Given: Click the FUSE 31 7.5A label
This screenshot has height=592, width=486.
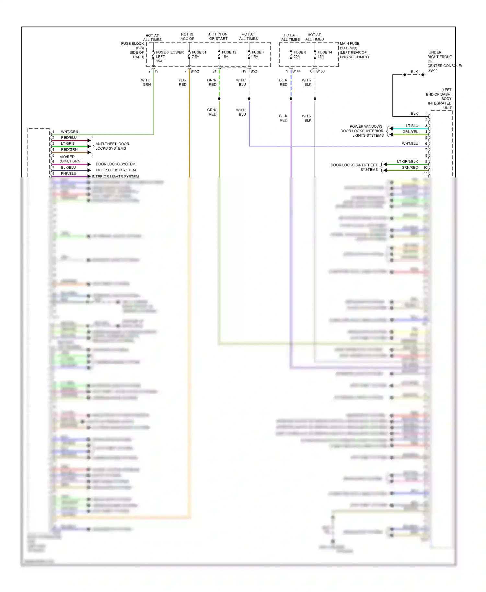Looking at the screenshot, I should pos(199,54).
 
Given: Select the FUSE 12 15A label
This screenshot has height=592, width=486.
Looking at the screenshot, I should pos(229,54).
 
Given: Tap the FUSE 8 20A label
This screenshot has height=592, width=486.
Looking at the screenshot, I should pos(299,54).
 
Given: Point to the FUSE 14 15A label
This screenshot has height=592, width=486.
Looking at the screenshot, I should pos(324,54).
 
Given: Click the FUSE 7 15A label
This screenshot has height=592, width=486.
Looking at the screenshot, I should pos(258,54).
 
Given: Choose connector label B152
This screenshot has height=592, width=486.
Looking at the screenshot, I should pos(195,71).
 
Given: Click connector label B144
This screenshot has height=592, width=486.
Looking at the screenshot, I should pos(296,71).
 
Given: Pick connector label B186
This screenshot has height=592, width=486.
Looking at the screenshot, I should pos(320,71).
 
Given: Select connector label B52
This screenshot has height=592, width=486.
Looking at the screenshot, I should pos(254,71).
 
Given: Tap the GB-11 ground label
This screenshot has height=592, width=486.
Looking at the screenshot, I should pos(432,70).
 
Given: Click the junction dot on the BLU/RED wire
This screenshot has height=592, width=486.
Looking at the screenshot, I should pos(291,98).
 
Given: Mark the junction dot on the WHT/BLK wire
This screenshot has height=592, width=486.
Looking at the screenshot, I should pos(315,98).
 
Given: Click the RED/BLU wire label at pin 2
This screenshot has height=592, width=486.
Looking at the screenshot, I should pos(69,138).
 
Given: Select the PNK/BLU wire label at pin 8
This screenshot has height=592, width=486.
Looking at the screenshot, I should pos(69,174).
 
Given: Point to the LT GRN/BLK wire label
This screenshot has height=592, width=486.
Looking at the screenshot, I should pos(407,162).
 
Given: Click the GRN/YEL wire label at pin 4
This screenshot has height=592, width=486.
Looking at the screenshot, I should pos(410,132).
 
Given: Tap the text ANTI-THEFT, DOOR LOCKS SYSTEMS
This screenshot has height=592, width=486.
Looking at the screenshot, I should pos(112,146).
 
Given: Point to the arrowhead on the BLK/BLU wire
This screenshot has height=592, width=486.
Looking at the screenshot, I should pos(89,170).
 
